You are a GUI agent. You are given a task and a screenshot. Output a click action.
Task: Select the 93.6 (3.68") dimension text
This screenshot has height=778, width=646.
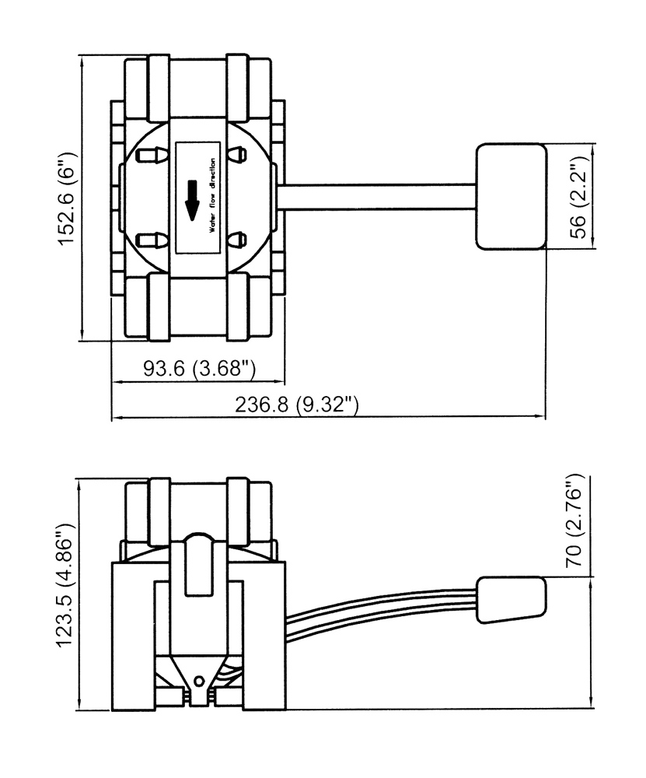coord(199,369)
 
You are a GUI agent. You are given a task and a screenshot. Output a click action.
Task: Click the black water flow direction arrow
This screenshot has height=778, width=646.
coord(192,198)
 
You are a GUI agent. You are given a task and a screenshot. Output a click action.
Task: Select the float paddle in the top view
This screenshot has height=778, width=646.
coord(511,197)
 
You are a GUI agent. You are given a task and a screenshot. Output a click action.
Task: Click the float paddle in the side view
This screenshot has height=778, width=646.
coord(511,599)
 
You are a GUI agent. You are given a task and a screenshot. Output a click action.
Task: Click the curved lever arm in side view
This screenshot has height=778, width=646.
coord(381,607)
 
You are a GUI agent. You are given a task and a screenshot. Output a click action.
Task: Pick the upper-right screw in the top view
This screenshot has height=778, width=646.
coord(239,156)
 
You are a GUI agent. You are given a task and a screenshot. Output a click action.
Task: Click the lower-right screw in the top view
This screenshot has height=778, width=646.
coord(239,240)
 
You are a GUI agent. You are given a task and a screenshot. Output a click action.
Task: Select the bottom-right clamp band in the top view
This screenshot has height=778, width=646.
coord(239,307)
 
